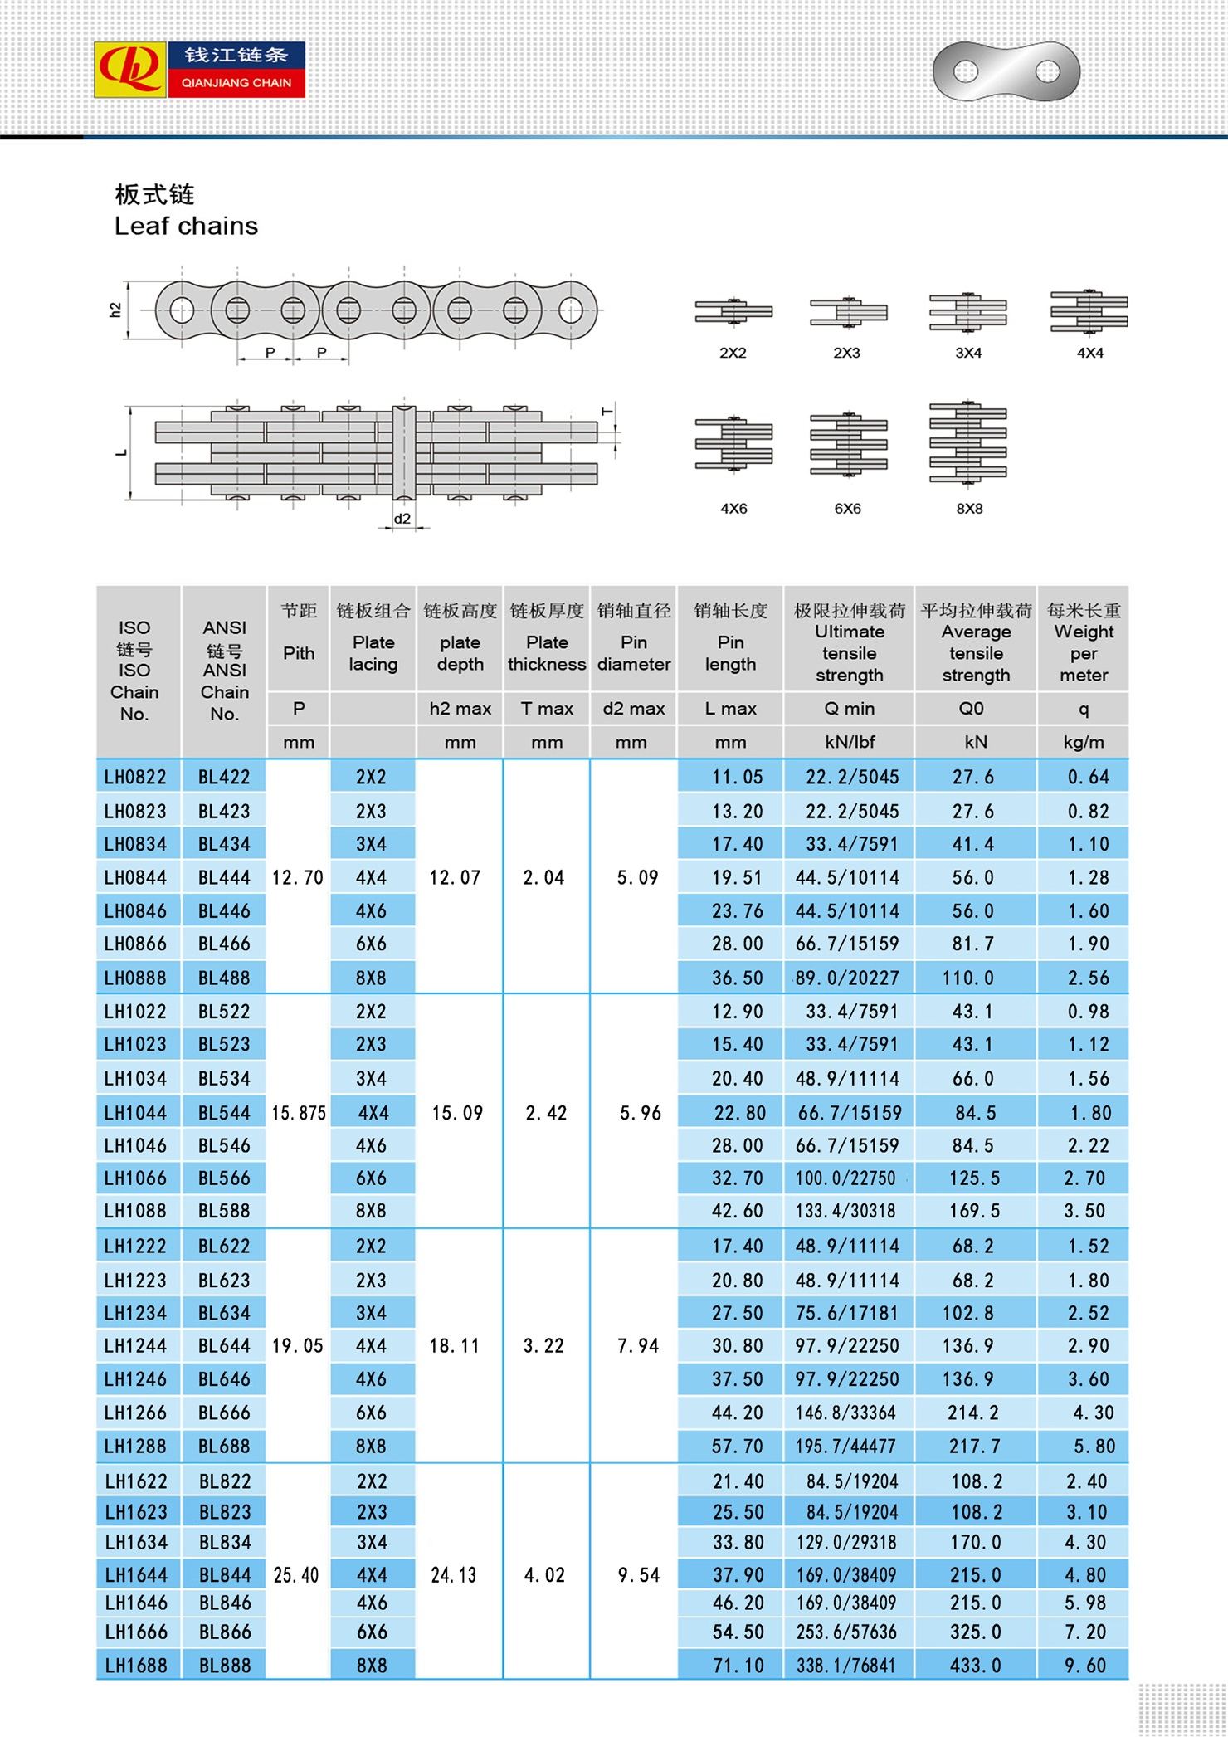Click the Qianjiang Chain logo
coord(200,70)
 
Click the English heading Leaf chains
coord(186,226)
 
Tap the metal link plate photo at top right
coord(1006,71)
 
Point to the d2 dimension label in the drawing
coord(402,519)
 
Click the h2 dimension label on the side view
coord(115,310)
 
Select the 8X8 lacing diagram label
coord(969,508)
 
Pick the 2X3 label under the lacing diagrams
coord(847,353)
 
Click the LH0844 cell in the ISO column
coord(135,877)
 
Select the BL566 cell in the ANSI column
coord(224,1178)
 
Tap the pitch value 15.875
coord(299,1112)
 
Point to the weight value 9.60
coord(1085,1665)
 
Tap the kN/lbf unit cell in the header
coord(849,742)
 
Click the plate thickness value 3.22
coord(543,1345)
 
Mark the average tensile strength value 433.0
coord(976,1665)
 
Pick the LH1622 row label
coord(136,1481)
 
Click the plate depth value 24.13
coord(454,1574)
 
